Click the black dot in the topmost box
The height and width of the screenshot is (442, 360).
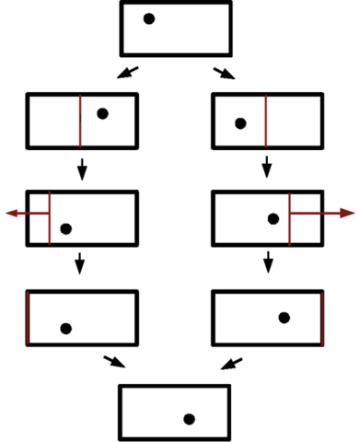pyautogui.click(x=149, y=18)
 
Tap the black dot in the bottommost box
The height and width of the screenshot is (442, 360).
pyautogui.click(x=189, y=419)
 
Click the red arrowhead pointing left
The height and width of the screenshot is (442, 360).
pyautogui.click(x=11, y=213)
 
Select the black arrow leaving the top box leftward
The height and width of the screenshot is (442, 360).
pyautogui.click(x=129, y=72)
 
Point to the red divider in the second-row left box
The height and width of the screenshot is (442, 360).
pyautogui.click(x=80, y=120)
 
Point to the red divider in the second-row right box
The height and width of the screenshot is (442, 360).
pyautogui.click(x=266, y=120)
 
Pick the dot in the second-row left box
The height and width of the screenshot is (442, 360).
pyautogui.click(x=102, y=113)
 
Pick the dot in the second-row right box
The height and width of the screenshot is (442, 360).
pyautogui.click(x=240, y=123)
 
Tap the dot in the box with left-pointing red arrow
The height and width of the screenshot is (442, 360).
pyautogui.click(x=65, y=228)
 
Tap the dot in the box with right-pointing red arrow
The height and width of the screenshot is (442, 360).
pyautogui.click(x=273, y=218)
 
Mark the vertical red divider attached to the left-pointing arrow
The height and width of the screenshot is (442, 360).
pyautogui.click(x=49, y=218)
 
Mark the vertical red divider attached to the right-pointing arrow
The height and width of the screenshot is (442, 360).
pyautogui.click(x=290, y=218)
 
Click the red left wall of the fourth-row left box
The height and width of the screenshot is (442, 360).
pyautogui.click(x=29, y=318)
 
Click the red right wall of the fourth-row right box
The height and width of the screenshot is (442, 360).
pyautogui.click(x=321, y=318)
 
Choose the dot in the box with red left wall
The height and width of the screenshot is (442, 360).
pyautogui.click(x=65, y=328)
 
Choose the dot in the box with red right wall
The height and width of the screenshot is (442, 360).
pyautogui.click(x=285, y=317)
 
